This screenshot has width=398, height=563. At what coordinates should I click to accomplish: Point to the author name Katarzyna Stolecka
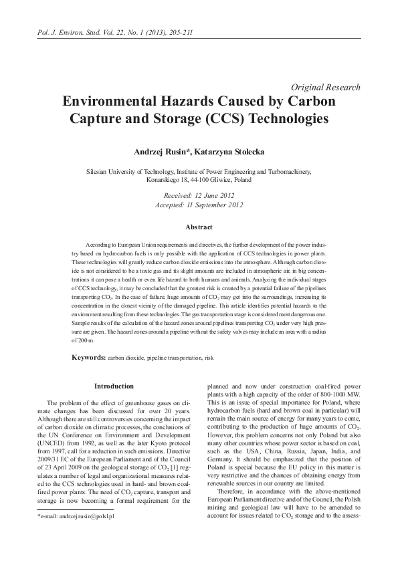(228, 152)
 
